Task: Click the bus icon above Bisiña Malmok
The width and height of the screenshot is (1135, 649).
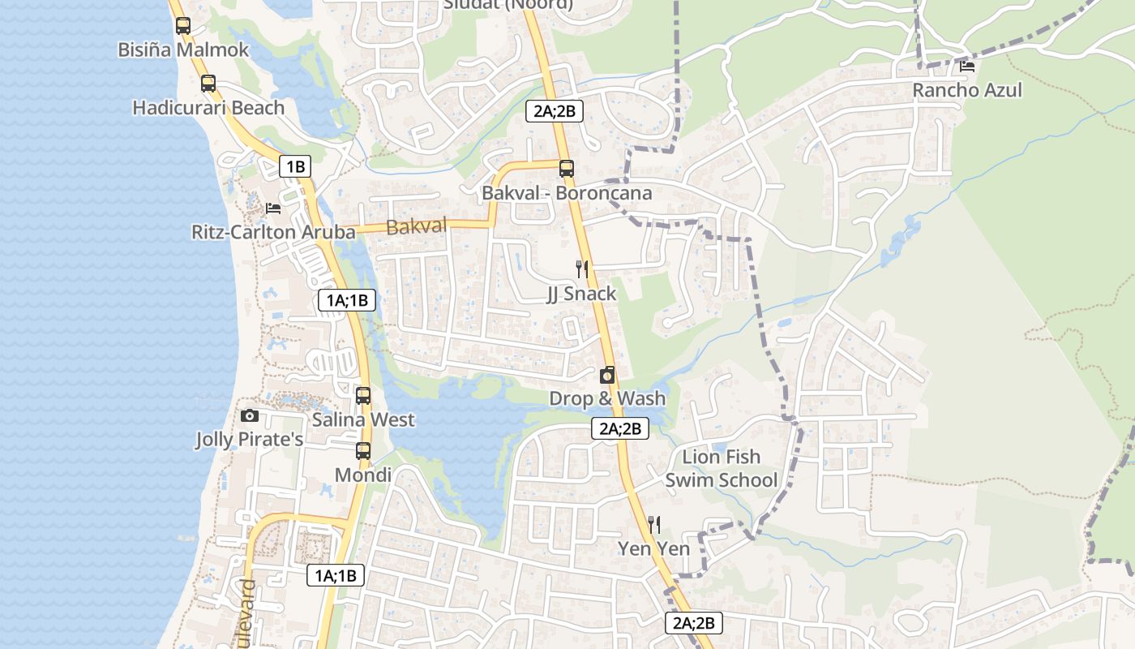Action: tap(183, 25)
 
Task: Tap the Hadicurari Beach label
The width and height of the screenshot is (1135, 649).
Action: tap(208, 108)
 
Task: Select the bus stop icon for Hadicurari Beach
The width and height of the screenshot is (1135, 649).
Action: tap(208, 83)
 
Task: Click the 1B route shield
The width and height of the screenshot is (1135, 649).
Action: tap(295, 167)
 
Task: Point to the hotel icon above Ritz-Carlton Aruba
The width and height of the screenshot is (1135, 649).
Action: tap(273, 208)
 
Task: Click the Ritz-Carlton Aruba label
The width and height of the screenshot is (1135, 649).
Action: tap(273, 232)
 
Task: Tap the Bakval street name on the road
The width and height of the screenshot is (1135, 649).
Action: tap(417, 227)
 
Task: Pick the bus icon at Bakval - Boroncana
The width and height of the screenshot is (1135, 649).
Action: tap(566, 169)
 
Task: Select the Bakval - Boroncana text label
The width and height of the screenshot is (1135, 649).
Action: tap(567, 193)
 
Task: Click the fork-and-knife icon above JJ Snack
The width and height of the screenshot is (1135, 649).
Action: tap(581, 269)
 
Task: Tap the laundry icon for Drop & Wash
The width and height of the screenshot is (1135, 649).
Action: tap(607, 375)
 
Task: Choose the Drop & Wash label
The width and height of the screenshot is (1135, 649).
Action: tap(607, 398)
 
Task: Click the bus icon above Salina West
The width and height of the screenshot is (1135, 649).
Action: tap(363, 396)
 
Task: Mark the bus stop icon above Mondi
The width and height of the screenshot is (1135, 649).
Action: tap(363, 451)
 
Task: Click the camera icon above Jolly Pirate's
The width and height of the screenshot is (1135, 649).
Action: tap(250, 416)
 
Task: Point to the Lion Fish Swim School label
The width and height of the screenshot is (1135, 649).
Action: tap(721, 469)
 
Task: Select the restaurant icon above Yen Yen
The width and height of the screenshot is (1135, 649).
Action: tap(654, 525)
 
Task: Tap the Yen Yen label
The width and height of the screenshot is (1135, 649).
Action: tap(654, 549)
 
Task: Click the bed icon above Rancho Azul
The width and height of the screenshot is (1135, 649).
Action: tap(966, 67)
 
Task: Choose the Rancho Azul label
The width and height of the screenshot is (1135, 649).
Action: tap(967, 90)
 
